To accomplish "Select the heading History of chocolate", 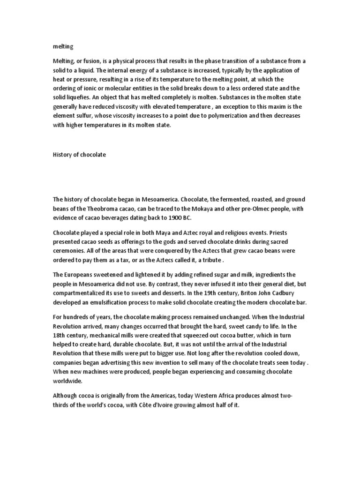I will (x=80, y=155).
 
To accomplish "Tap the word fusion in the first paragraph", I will (x=92, y=61).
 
